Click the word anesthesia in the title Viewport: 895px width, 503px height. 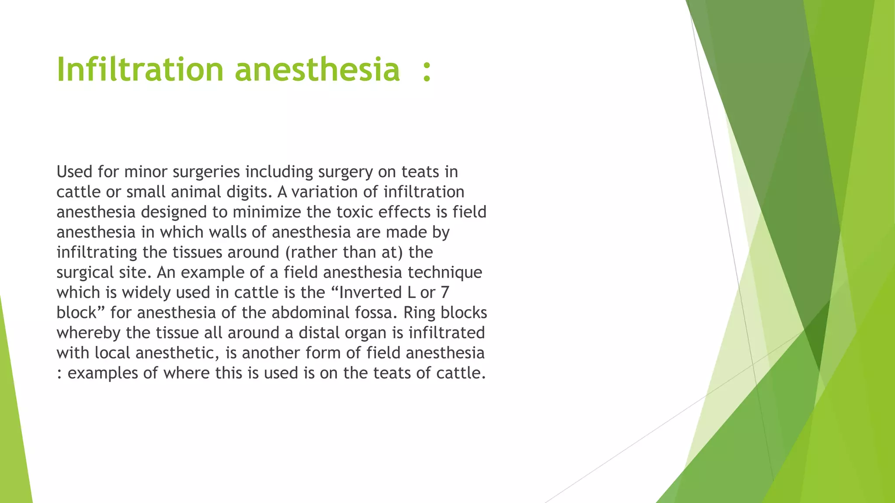click(x=317, y=70)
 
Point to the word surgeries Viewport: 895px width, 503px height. click(x=206, y=172)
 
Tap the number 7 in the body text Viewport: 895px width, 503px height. click(x=445, y=293)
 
